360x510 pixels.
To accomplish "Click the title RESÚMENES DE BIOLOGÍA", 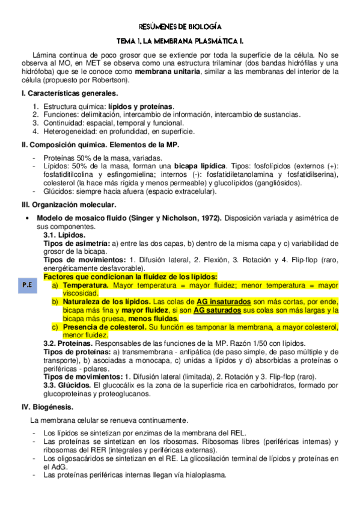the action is [x=180, y=26].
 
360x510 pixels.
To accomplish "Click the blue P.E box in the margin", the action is [x=27, y=286].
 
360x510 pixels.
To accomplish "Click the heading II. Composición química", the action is [x=100, y=146].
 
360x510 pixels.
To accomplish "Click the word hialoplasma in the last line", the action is [x=206, y=474].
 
